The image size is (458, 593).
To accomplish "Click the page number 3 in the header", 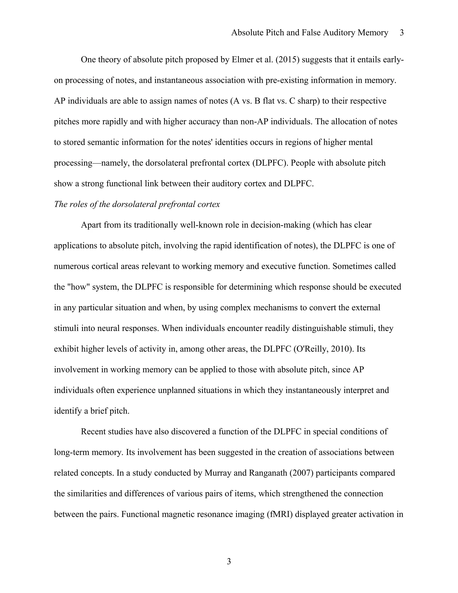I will pyautogui.click(x=402, y=33).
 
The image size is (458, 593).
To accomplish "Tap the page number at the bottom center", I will pyautogui.click(x=229, y=561).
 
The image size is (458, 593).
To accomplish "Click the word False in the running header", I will pyautogui.click(x=311, y=33).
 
